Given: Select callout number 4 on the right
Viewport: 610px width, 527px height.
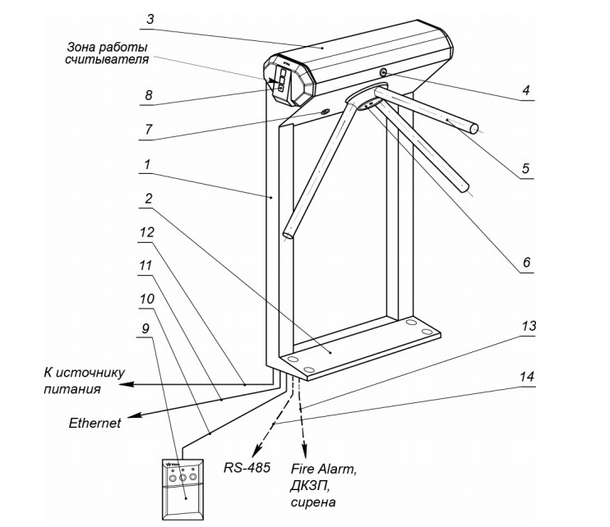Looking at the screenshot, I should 526,90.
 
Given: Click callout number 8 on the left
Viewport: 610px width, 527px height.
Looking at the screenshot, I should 148,95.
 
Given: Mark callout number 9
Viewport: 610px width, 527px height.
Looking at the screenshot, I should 146,328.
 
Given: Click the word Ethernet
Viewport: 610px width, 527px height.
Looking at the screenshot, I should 95,423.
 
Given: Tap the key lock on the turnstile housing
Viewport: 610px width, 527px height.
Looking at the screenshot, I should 384,74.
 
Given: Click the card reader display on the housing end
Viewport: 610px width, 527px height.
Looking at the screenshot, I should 280,80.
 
